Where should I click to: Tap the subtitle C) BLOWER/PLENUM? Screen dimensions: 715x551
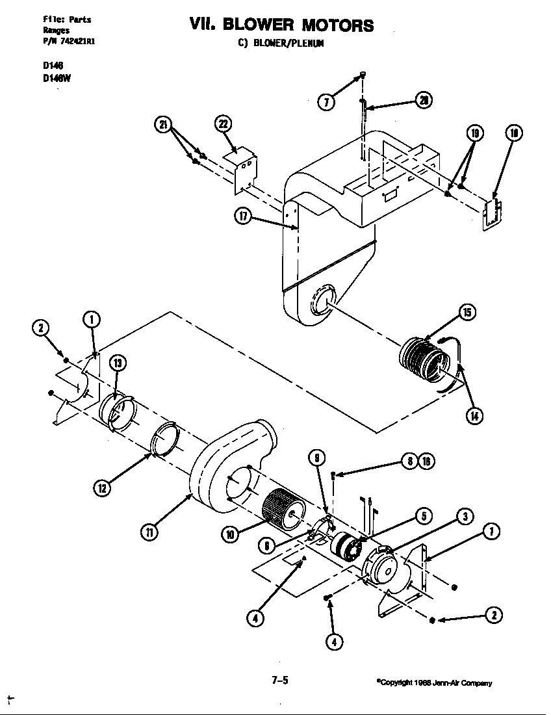280,44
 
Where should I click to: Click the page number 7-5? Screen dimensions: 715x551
280,681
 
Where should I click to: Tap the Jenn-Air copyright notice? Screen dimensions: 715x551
434,682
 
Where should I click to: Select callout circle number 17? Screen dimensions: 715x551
243,216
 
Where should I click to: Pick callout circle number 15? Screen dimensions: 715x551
467,312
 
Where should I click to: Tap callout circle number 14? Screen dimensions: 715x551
476,416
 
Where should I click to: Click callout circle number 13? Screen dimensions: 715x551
117,363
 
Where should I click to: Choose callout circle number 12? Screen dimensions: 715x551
101,487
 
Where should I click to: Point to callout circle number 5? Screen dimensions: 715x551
423,517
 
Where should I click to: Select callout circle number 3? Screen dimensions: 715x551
464,517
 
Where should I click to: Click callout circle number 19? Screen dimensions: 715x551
475,134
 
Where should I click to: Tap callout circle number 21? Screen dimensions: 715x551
163,125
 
